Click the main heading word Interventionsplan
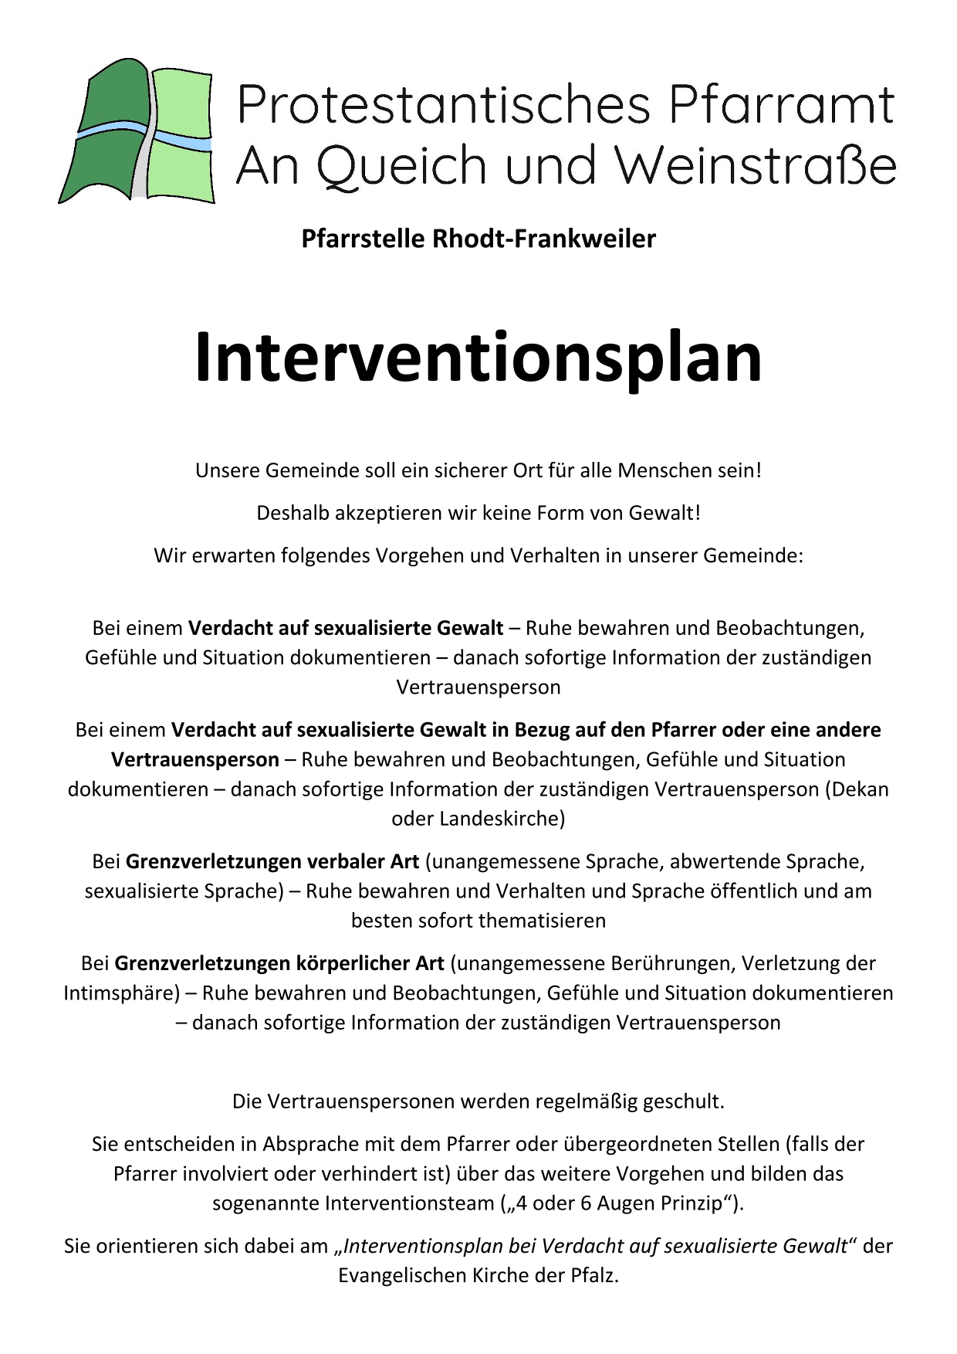478,358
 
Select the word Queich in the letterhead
401,166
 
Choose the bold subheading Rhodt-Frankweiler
543,239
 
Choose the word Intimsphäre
120,993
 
